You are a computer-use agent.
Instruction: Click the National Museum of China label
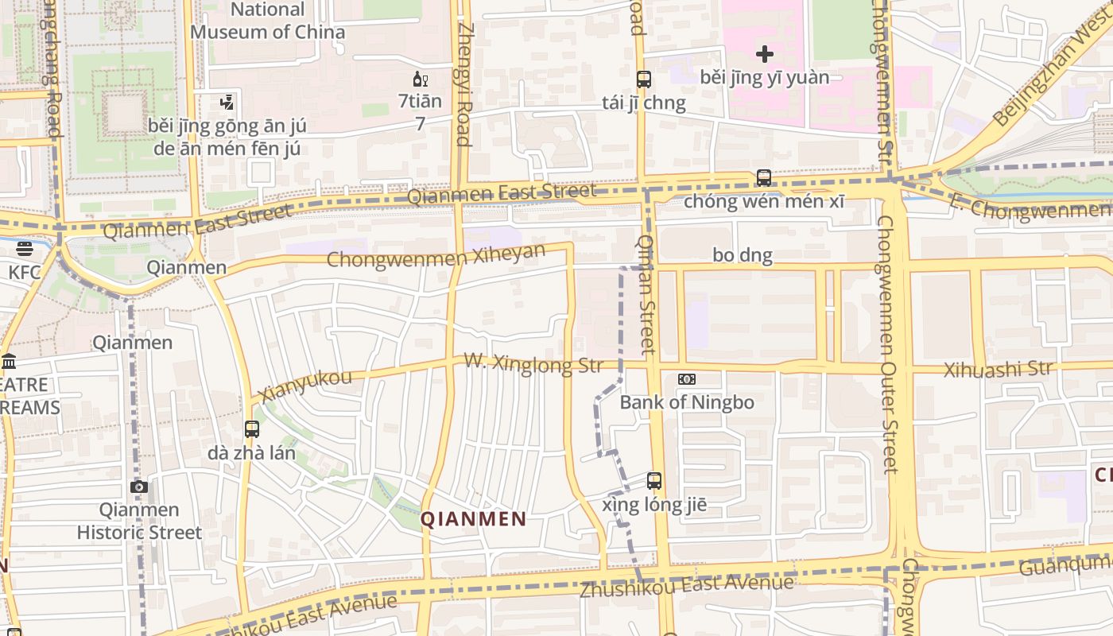point(268,21)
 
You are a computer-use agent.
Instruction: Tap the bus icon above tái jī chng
point(644,79)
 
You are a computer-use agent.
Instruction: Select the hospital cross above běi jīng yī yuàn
point(764,54)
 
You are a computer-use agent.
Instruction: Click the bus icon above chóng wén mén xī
point(764,178)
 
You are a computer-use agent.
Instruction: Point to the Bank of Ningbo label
point(687,402)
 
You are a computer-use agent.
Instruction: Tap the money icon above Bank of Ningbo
point(687,380)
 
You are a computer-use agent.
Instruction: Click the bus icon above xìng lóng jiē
point(654,481)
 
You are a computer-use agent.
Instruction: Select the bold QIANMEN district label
point(473,520)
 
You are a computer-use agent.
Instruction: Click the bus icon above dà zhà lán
point(252,429)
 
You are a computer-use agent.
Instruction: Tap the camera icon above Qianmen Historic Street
point(139,487)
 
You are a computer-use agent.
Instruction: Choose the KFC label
point(25,273)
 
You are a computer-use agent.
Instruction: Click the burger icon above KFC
point(25,250)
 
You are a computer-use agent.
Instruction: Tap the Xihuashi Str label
point(998,370)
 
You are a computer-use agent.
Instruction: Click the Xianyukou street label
point(305,386)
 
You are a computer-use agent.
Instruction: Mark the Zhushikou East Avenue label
point(686,587)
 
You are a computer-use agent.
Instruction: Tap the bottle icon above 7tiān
point(421,79)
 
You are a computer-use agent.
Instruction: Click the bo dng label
point(743,255)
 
